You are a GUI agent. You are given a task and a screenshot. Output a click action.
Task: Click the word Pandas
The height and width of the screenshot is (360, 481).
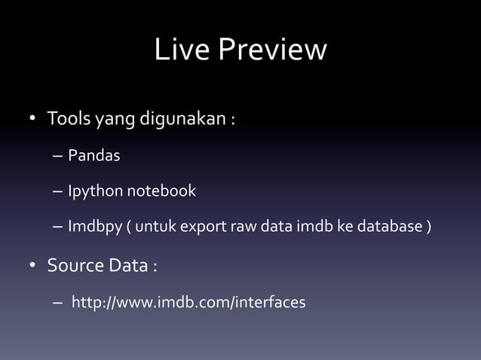pos(94,156)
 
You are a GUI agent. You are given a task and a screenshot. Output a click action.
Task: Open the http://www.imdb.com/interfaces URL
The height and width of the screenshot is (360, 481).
pos(188,303)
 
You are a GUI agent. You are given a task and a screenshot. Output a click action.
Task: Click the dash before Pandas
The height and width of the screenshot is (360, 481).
pos(58,157)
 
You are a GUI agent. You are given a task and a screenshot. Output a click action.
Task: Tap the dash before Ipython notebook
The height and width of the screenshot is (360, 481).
pos(58,192)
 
